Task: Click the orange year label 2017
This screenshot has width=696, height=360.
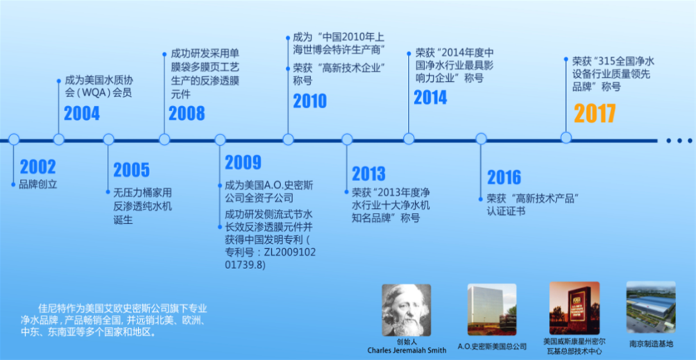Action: click(595, 114)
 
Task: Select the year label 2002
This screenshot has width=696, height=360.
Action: click(38, 167)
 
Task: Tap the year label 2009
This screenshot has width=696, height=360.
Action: click(244, 162)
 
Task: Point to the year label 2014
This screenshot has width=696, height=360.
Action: click(430, 98)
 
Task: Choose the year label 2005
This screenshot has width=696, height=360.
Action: click(131, 170)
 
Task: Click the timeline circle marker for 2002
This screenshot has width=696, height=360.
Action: click(14, 139)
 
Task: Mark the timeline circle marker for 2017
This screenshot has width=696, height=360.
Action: click(566, 137)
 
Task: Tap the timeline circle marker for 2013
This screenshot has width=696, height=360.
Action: click(347, 139)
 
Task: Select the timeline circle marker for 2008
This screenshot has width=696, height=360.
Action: click(164, 139)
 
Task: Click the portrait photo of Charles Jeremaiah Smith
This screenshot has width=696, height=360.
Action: click(407, 310)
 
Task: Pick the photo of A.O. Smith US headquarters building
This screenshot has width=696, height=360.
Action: click(492, 309)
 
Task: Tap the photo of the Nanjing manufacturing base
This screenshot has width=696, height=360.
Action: click(651, 307)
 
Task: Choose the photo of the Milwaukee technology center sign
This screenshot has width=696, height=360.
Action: click(575, 308)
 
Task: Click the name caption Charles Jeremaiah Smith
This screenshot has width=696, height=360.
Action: click(407, 350)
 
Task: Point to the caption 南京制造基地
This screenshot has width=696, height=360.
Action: click(651, 343)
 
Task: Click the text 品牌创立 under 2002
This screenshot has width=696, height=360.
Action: click(38, 185)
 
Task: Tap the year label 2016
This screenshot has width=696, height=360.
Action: click(504, 177)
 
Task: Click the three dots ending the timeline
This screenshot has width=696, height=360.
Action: click(679, 141)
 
